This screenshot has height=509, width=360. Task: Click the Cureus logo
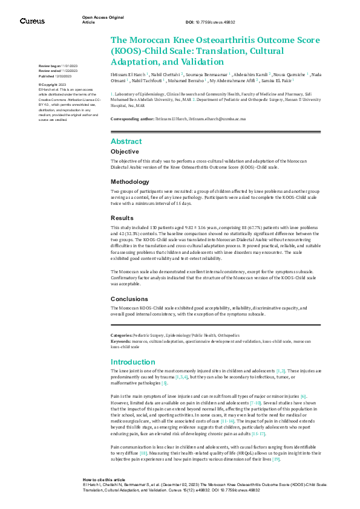tap(33, 21)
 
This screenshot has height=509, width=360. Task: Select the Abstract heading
tap(126, 141)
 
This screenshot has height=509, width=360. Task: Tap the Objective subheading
tap(125, 151)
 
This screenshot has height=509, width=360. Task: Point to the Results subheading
tap(122, 218)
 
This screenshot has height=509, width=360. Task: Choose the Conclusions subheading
tap(129, 299)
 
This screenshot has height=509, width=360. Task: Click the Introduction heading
tap(133, 362)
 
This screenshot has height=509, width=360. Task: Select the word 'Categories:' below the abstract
tap(123, 335)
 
